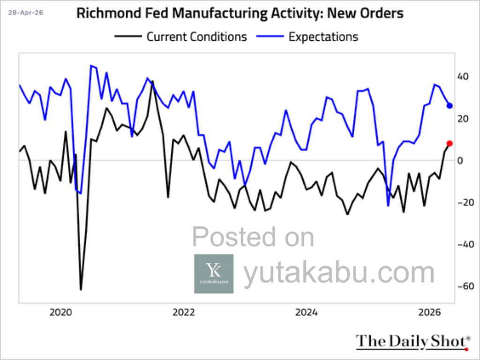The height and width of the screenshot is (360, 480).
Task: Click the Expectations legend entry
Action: [323, 37]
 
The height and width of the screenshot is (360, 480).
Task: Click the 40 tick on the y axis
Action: [463, 76]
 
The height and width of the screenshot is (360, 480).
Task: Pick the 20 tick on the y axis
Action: [463, 119]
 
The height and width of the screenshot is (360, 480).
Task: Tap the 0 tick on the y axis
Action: [460, 161]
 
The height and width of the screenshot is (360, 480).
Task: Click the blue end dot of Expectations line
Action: [450, 105]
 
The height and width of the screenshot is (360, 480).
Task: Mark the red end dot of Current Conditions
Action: [450, 143]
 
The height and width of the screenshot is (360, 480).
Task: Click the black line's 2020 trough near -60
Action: [81, 289]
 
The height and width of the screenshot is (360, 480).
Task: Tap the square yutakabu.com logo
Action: [213, 274]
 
